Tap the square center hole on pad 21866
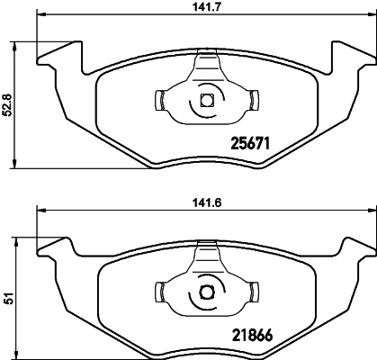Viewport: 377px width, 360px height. click(205, 290)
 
